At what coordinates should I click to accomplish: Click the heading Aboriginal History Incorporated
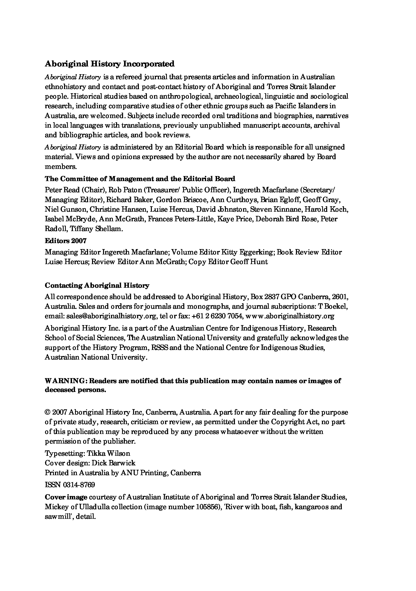tap(110, 64)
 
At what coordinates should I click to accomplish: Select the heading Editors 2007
tap(66, 241)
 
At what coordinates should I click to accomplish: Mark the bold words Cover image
tap(66, 497)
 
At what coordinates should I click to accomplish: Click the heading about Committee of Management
tap(140, 179)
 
